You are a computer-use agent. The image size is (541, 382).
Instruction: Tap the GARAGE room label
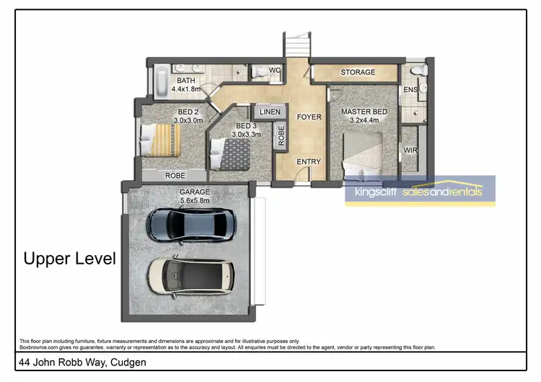(x=194, y=192)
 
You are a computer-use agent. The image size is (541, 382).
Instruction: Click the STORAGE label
(x=358, y=72)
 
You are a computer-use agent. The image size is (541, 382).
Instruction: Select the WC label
(x=274, y=70)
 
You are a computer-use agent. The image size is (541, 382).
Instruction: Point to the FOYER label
(x=309, y=117)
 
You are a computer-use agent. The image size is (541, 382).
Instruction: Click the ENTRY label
(x=308, y=161)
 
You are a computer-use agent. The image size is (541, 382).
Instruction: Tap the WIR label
(x=410, y=151)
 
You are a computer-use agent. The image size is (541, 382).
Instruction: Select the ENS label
(x=410, y=90)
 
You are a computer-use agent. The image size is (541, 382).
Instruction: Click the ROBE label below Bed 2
(x=175, y=175)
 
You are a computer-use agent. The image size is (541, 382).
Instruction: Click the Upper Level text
(x=70, y=259)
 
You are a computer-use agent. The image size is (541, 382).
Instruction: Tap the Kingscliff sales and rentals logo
(x=420, y=192)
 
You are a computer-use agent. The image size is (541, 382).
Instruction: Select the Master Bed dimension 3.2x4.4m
(x=364, y=121)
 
